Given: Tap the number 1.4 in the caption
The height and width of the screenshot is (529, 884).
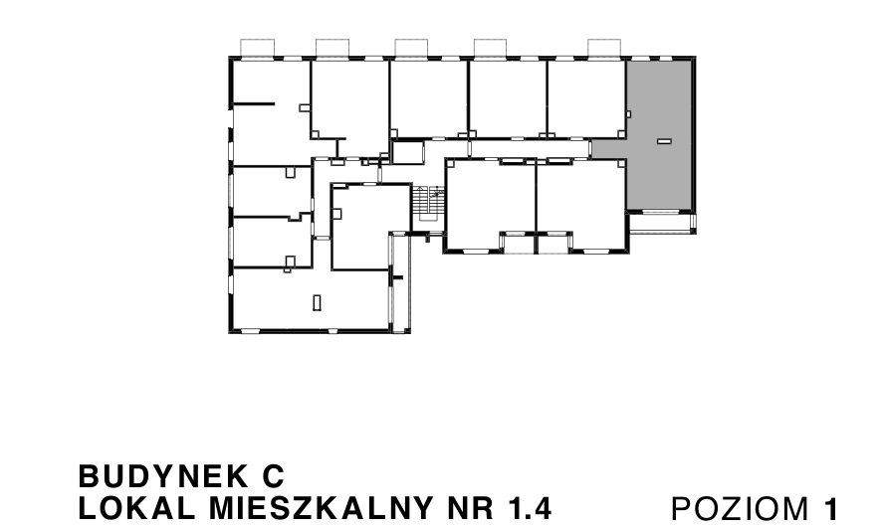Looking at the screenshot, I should coord(529,507).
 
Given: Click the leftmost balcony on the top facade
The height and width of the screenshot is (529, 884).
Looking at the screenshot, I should coord(259,48).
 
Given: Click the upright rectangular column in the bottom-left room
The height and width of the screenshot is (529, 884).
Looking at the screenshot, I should coord(317,302).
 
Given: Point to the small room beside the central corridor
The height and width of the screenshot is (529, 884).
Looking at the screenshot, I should coord(406,152).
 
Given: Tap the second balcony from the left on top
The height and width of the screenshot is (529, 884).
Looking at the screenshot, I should coord(332,48).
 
